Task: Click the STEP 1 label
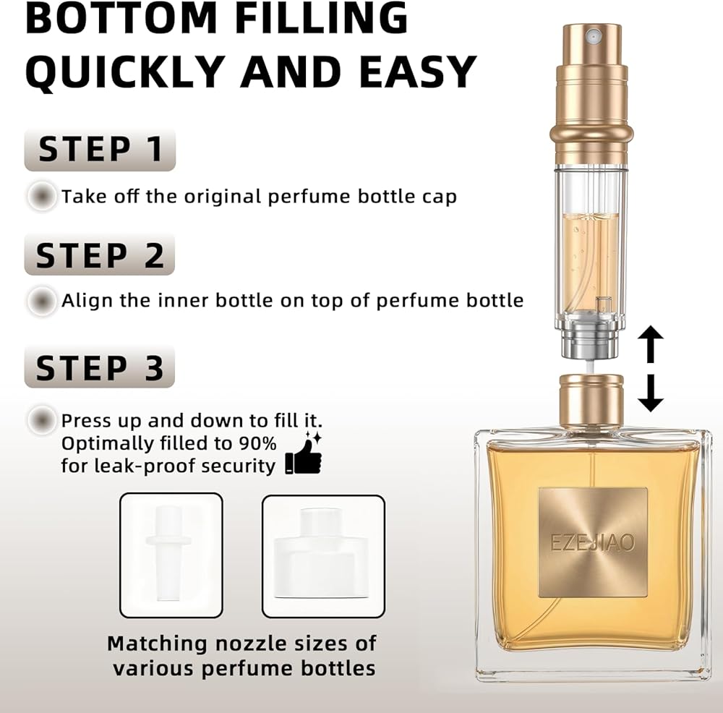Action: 100,150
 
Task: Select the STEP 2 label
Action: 100,255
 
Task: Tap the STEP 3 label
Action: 100,367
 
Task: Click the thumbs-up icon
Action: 304,453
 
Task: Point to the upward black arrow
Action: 651,344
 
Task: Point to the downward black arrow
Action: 651,393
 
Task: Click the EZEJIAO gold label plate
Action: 593,542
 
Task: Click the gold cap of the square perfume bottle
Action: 591,401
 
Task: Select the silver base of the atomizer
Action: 591,341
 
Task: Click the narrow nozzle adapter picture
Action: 171,555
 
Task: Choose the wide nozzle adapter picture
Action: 323,556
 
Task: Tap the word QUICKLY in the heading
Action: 125,72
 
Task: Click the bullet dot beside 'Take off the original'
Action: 42,196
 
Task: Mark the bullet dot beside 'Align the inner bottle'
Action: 42,301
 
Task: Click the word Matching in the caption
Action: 157,644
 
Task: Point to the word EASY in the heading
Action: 418,72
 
